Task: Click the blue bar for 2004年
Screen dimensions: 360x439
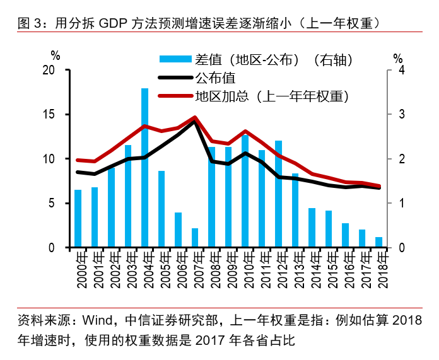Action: pos(144,168)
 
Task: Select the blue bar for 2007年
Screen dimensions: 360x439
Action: pos(195,238)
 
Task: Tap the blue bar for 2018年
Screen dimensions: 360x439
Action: pos(378,242)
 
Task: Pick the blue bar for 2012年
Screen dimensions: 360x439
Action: pos(278,194)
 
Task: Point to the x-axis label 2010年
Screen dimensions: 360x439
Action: pos(245,269)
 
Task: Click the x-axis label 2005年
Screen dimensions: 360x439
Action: pos(161,269)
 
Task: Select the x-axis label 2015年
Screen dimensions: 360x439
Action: pos(329,269)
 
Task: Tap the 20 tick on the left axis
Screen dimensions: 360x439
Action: pos(54,71)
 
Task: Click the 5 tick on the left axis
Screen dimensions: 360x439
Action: pos(56,204)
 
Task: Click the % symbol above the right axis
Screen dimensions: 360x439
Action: pos(397,58)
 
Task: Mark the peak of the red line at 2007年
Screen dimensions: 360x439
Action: pos(195,117)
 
